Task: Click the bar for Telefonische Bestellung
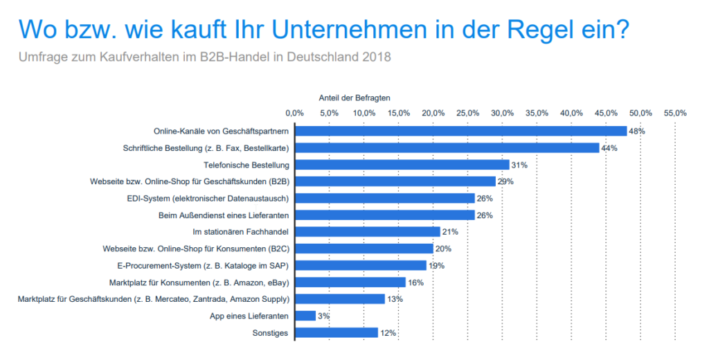(x=402, y=165)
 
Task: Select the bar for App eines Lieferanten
(x=305, y=316)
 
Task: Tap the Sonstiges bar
(x=336, y=333)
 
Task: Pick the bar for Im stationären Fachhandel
(x=367, y=231)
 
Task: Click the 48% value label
(x=637, y=131)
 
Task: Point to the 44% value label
(x=609, y=148)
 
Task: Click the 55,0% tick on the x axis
(x=675, y=113)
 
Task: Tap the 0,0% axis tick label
(x=294, y=113)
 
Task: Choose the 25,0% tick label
(x=467, y=113)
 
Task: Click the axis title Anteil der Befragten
(x=350, y=98)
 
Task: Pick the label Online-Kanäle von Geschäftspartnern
(x=221, y=131)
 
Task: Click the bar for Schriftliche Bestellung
(x=447, y=147)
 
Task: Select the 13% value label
(x=395, y=299)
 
